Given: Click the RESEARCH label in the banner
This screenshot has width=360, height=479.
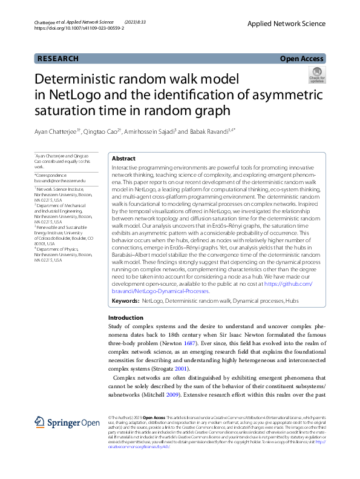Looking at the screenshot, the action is click(x=58, y=59).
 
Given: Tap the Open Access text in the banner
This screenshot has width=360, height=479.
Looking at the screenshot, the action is click(x=303, y=59).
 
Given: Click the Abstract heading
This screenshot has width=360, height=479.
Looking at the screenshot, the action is click(x=124, y=158).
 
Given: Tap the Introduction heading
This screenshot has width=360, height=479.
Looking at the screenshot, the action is click(x=126, y=317).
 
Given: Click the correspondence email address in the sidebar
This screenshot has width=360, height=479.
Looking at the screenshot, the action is click(x=60, y=181).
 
